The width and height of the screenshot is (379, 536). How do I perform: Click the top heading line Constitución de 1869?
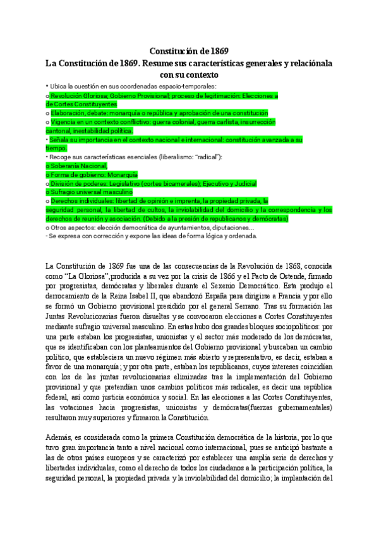189,51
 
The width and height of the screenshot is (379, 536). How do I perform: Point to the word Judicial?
244,183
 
